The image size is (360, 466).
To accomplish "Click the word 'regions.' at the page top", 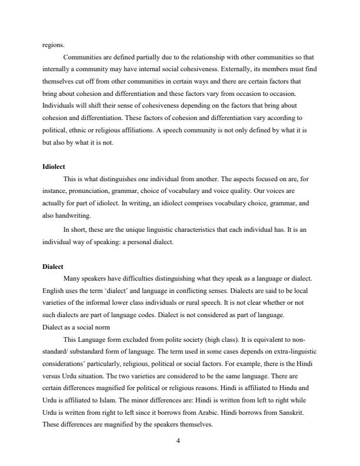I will [x=54, y=44].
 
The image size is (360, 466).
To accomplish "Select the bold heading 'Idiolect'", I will [x=54, y=167].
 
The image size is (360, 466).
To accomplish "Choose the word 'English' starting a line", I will [x=55, y=291].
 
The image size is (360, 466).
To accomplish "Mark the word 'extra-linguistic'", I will [x=290, y=352].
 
